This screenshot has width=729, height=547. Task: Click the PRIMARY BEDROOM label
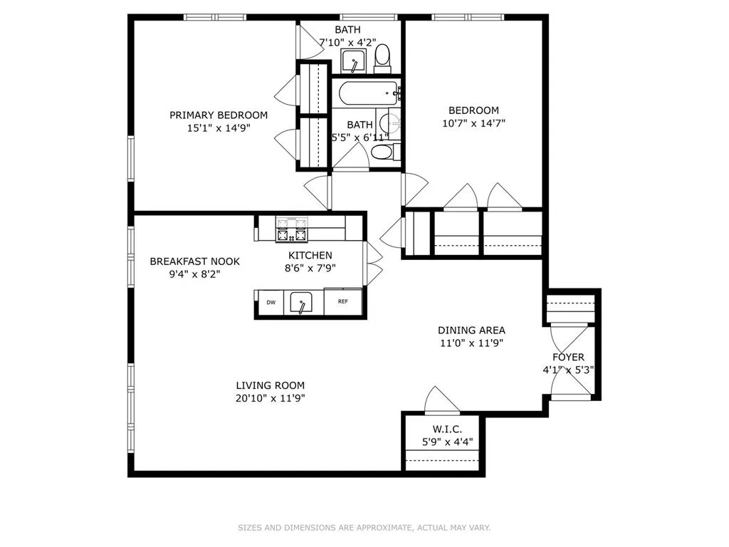219,115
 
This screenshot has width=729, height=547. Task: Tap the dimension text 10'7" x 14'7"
473,123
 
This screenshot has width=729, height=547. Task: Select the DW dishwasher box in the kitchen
271,302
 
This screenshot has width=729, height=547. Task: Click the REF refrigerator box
342,302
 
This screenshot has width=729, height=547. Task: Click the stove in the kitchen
293,229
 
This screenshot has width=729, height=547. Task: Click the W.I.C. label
447,429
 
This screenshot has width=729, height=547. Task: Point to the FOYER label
568,357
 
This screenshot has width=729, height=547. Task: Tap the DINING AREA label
471,330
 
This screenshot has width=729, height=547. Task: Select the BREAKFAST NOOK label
194,261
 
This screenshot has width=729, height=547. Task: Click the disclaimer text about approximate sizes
364,528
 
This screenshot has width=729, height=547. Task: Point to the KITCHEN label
310,255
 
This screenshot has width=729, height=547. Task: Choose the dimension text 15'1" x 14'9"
219,127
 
